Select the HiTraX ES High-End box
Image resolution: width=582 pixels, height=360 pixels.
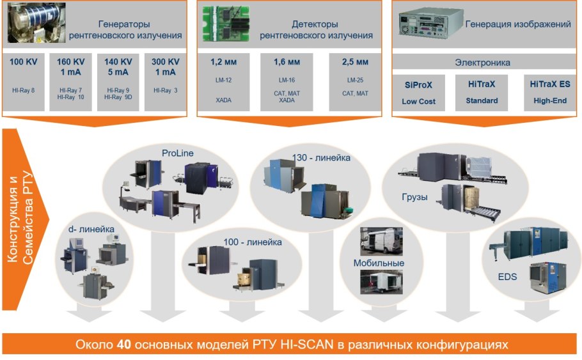[x=550, y=92]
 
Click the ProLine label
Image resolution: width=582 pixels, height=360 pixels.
[x=177, y=153]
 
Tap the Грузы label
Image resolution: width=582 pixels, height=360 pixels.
[x=415, y=197]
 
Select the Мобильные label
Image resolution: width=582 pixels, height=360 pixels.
[x=379, y=263]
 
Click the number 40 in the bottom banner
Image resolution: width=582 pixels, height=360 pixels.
[x=125, y=345]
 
